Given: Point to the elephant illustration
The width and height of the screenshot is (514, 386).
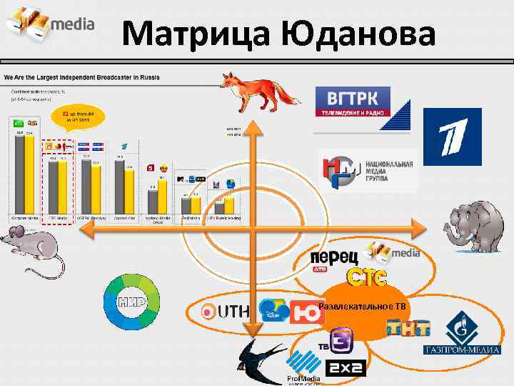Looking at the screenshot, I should (x=475, y=227).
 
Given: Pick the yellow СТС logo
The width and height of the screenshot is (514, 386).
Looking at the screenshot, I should (x=367, y=277).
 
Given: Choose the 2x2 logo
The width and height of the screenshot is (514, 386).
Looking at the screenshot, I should (x=346, y=367).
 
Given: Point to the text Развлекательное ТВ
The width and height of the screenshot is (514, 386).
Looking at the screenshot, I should (x=363, y=307).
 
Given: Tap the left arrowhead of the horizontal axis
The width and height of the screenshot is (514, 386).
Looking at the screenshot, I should (x=84, y=229).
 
